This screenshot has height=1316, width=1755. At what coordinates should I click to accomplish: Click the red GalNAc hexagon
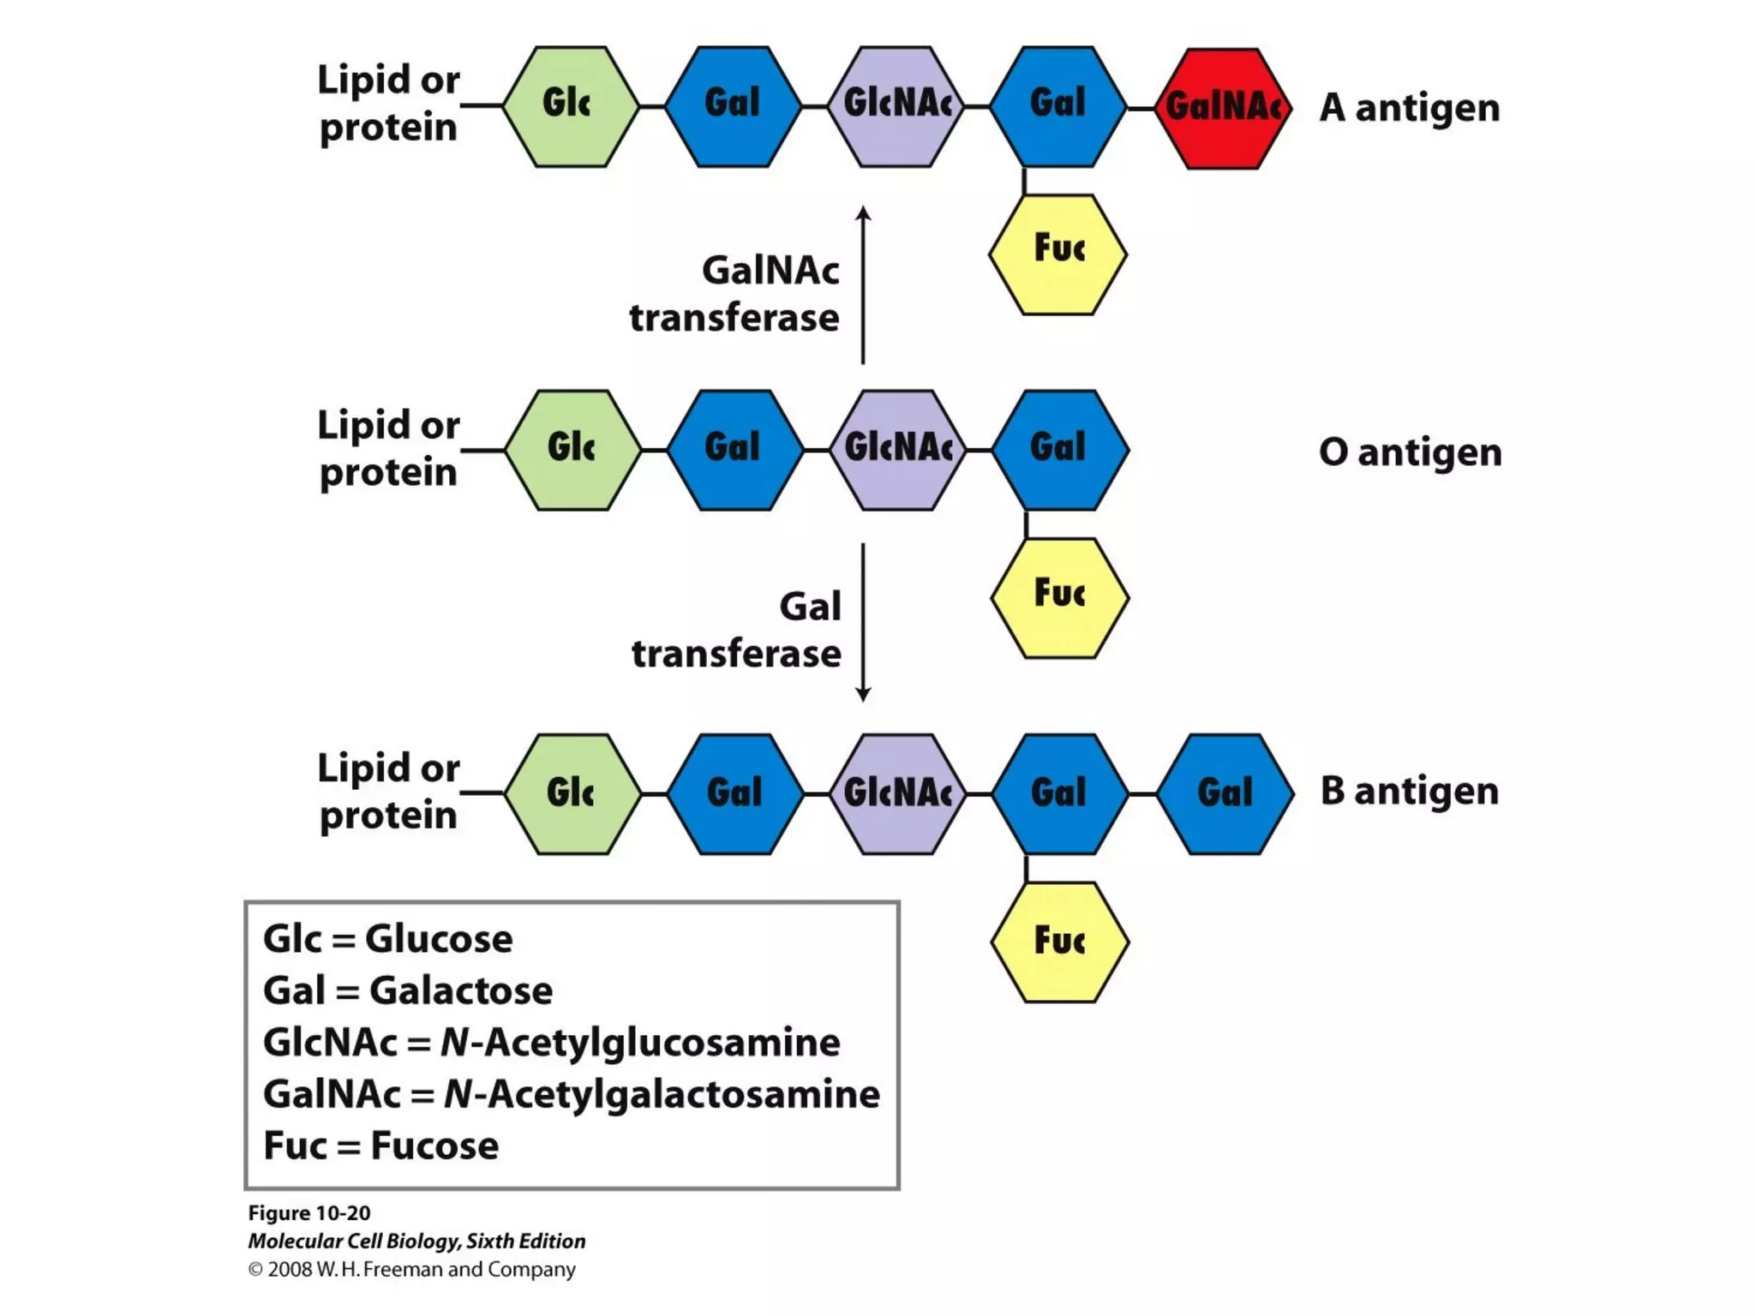coord(1223,108)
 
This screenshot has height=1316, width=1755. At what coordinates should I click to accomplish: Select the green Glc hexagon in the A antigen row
coord(570,106)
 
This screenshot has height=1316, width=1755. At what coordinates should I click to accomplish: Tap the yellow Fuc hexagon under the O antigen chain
coord(1059,597)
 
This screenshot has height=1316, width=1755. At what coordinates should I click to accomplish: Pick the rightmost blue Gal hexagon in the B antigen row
coord(1225,793)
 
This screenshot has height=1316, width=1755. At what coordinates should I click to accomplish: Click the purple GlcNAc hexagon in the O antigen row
coord(897,450)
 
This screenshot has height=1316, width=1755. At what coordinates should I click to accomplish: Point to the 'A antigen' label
coord(1410,108)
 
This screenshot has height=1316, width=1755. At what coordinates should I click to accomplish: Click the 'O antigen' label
coord(1410,452)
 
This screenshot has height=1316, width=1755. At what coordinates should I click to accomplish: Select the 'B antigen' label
coord(1410,790)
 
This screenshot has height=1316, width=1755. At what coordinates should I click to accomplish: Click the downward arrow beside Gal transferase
coord(863,622)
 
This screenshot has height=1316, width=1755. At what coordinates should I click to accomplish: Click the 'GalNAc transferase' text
coord(735,294)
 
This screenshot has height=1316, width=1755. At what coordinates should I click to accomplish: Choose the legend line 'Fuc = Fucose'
coord(380,1146)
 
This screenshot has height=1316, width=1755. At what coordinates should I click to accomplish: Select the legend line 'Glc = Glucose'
coord(387,939)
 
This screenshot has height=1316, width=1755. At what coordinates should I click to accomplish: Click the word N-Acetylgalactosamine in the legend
coord(662,1094)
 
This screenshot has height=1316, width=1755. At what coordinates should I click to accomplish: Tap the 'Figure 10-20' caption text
coord(309,1213)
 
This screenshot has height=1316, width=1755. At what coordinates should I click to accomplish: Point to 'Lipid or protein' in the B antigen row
coord(388,791)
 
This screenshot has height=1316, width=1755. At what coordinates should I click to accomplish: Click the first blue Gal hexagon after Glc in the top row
coord(733,106)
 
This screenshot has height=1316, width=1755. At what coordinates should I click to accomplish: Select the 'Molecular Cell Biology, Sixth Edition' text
coord(416,1241)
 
